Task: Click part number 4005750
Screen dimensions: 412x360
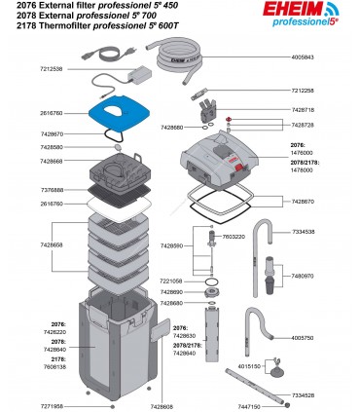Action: pos(331,337)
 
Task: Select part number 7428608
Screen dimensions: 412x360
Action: pos(163,403)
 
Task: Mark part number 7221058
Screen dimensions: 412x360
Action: pos(172,281)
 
